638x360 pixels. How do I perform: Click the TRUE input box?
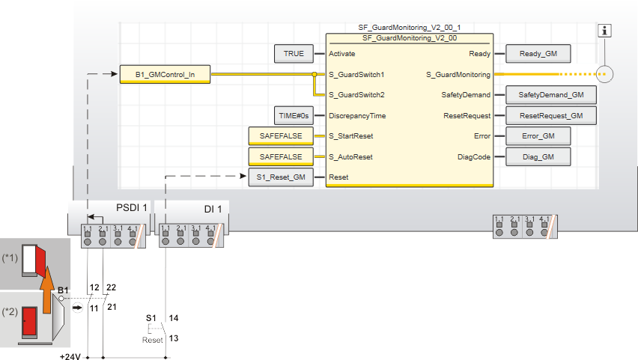[294, 54]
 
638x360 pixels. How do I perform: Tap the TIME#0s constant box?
[294, 116]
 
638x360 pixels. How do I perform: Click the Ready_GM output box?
[539, 54]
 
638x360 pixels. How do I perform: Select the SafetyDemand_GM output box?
[551, 95]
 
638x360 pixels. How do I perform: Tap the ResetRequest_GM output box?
[551, 116]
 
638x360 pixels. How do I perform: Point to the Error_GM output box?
[539, 136]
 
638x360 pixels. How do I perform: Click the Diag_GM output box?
[539, 156]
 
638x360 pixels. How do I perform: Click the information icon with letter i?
[607, 31]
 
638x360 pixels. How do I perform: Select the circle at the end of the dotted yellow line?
[607, 74]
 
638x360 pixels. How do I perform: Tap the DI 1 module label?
[212, 207]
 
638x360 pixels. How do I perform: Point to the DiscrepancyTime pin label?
[356, 116]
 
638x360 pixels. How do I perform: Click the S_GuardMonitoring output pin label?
[458, 75]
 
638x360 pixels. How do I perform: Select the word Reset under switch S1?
[153, 341]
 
